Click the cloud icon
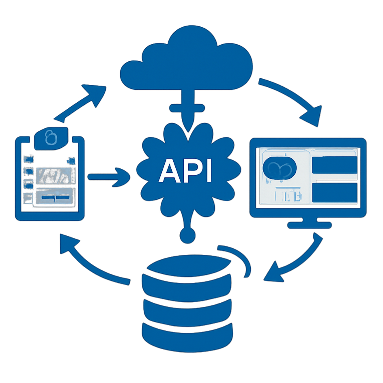click(x=187, y=61)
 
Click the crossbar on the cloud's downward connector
click(x=187, y=108)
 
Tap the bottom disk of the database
click(x=187, y=333)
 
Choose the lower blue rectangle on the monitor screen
click(x=335, y=193)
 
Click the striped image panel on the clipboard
click(x=55, y=175)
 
